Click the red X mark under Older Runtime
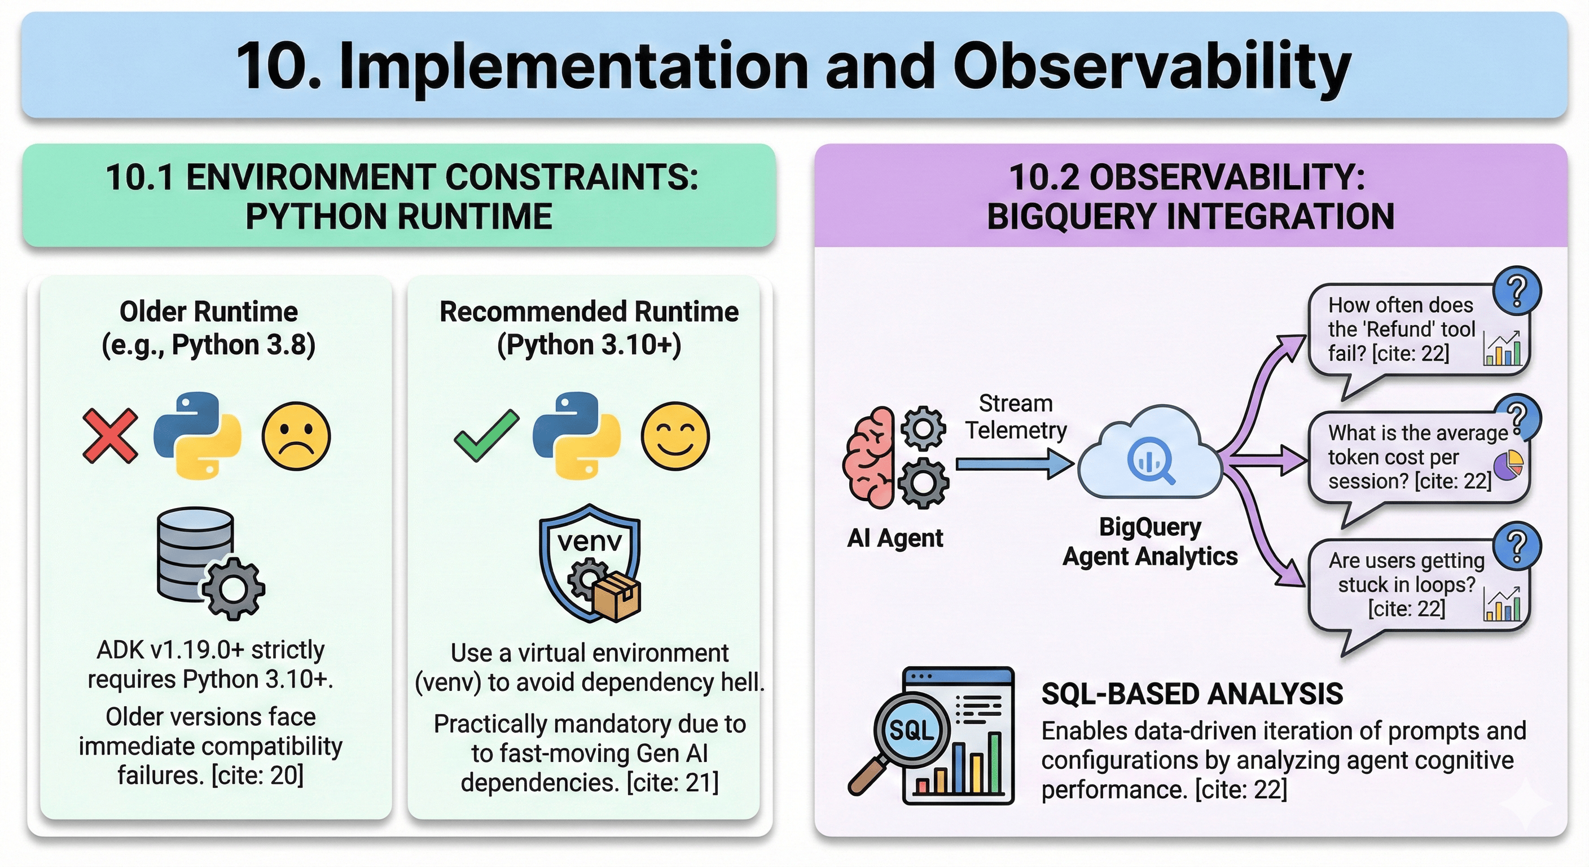point(110,436)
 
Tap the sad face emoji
point(296,436)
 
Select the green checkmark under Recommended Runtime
point(486,436)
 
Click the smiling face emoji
point(675,436)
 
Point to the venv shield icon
point(590,562)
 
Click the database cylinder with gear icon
point(207,562)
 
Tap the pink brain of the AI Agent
point(870,457)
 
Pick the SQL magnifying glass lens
point(911,730)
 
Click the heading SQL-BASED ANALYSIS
point(1192,694)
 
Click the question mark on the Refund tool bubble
point(1517,290)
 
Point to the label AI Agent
point(895,538)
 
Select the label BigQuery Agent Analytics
point(1150,542)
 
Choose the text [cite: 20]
point(257,776)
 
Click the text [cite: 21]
point(673,782)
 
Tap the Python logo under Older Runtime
point(197,436)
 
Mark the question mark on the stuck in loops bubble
point(1517,546)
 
